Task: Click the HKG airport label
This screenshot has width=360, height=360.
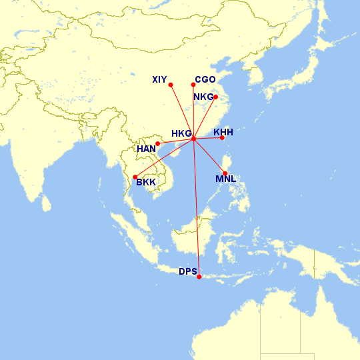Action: (181, 133)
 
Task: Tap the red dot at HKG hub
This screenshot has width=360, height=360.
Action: (193, 138)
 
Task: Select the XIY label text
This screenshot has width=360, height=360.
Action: (159, 80)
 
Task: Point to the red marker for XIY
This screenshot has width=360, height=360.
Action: (171, 85)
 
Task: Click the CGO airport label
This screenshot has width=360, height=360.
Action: (205, 79)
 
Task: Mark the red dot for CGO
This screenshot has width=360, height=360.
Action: (193, 84)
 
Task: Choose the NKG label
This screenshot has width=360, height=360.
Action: (203, 97)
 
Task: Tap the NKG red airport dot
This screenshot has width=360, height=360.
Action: (215, 97)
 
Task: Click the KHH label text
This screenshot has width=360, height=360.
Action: (223, 132)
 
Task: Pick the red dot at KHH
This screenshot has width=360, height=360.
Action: (222, 138)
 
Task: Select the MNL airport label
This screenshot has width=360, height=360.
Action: (225, 179)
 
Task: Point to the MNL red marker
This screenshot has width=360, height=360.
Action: (225, 173)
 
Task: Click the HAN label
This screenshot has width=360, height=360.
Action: (146, 149)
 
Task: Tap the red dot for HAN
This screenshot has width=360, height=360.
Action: (158, 143)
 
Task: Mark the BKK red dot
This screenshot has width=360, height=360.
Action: (135, 177)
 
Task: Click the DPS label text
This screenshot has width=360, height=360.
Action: (188, 271)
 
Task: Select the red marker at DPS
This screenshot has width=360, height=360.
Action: (199, 277)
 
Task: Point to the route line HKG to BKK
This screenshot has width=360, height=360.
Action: (164, 157)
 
